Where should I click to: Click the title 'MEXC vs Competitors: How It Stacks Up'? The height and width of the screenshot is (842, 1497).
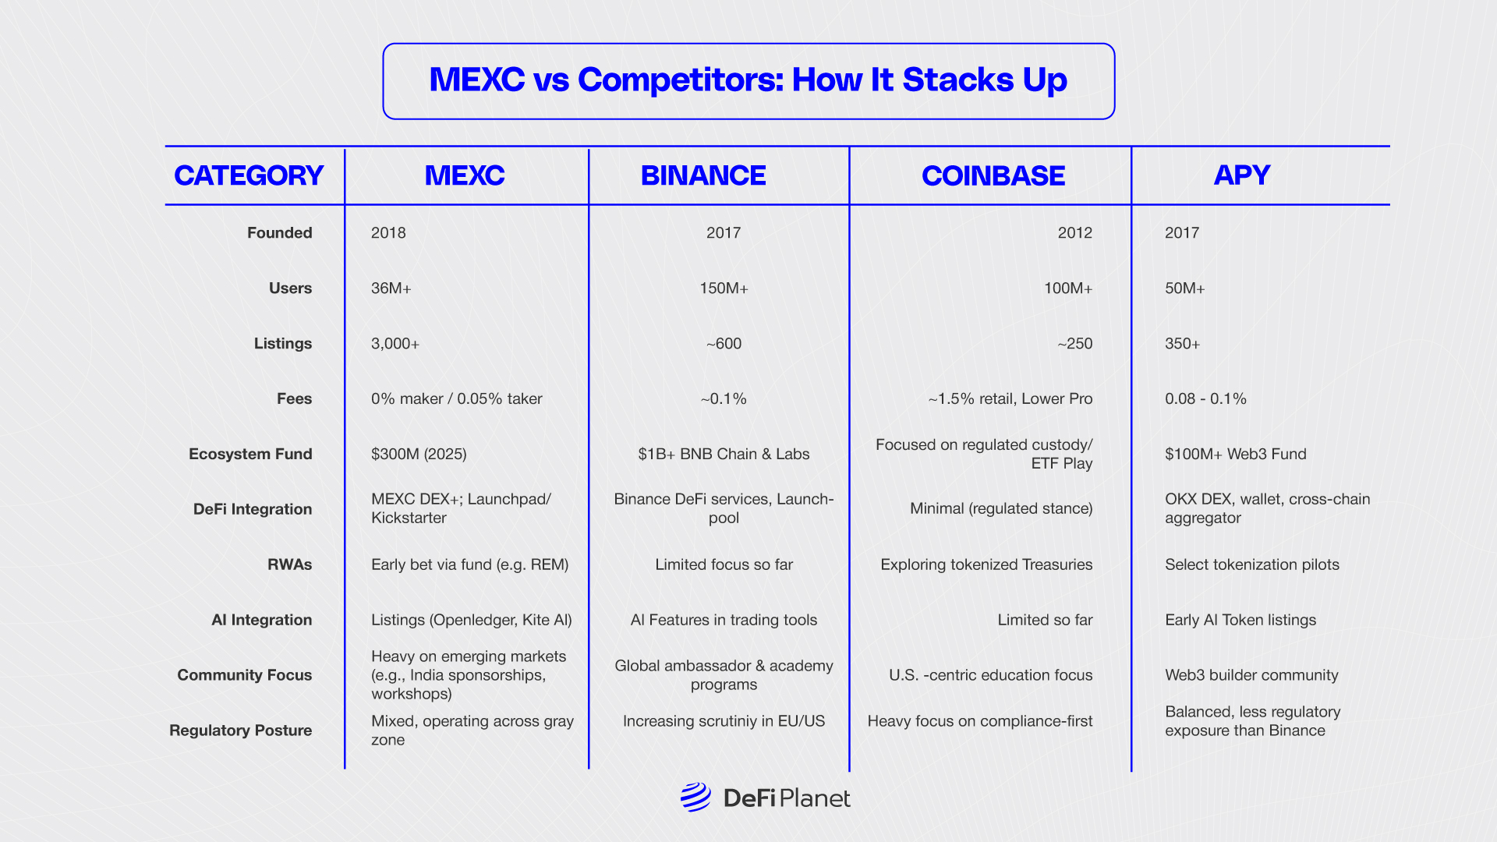point(748,80)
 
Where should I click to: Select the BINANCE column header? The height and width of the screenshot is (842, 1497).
point(703,175)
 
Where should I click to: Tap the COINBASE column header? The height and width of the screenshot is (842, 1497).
point(993,175)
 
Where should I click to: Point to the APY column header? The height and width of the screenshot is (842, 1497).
point(1242,175)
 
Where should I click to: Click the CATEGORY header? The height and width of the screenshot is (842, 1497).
point(249,175)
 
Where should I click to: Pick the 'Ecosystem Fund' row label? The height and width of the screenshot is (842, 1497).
point(250,454)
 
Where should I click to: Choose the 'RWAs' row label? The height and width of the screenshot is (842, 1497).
point(289,564)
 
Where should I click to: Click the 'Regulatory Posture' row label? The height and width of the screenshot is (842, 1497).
point(241,731)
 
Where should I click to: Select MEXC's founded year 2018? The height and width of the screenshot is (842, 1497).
point(388,233)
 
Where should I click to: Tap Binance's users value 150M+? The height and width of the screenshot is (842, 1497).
point(724,288)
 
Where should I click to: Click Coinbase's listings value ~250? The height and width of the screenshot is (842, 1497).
point(1074,344)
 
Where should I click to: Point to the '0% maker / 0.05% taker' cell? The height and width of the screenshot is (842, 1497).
point(457,399)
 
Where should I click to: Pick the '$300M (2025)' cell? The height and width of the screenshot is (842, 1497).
point(419,455)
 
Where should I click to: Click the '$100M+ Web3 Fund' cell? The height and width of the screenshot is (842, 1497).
point(1236,455)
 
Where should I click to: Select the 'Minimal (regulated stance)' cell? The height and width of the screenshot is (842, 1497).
point(1001,509)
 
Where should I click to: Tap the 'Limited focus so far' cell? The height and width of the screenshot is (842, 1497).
point(724,564)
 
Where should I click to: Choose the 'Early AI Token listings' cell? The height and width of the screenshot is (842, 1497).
point(1240,620)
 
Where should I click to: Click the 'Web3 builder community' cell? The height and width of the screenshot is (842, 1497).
point(1251,675)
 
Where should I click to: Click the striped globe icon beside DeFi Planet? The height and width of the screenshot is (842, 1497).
point(695,798)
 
